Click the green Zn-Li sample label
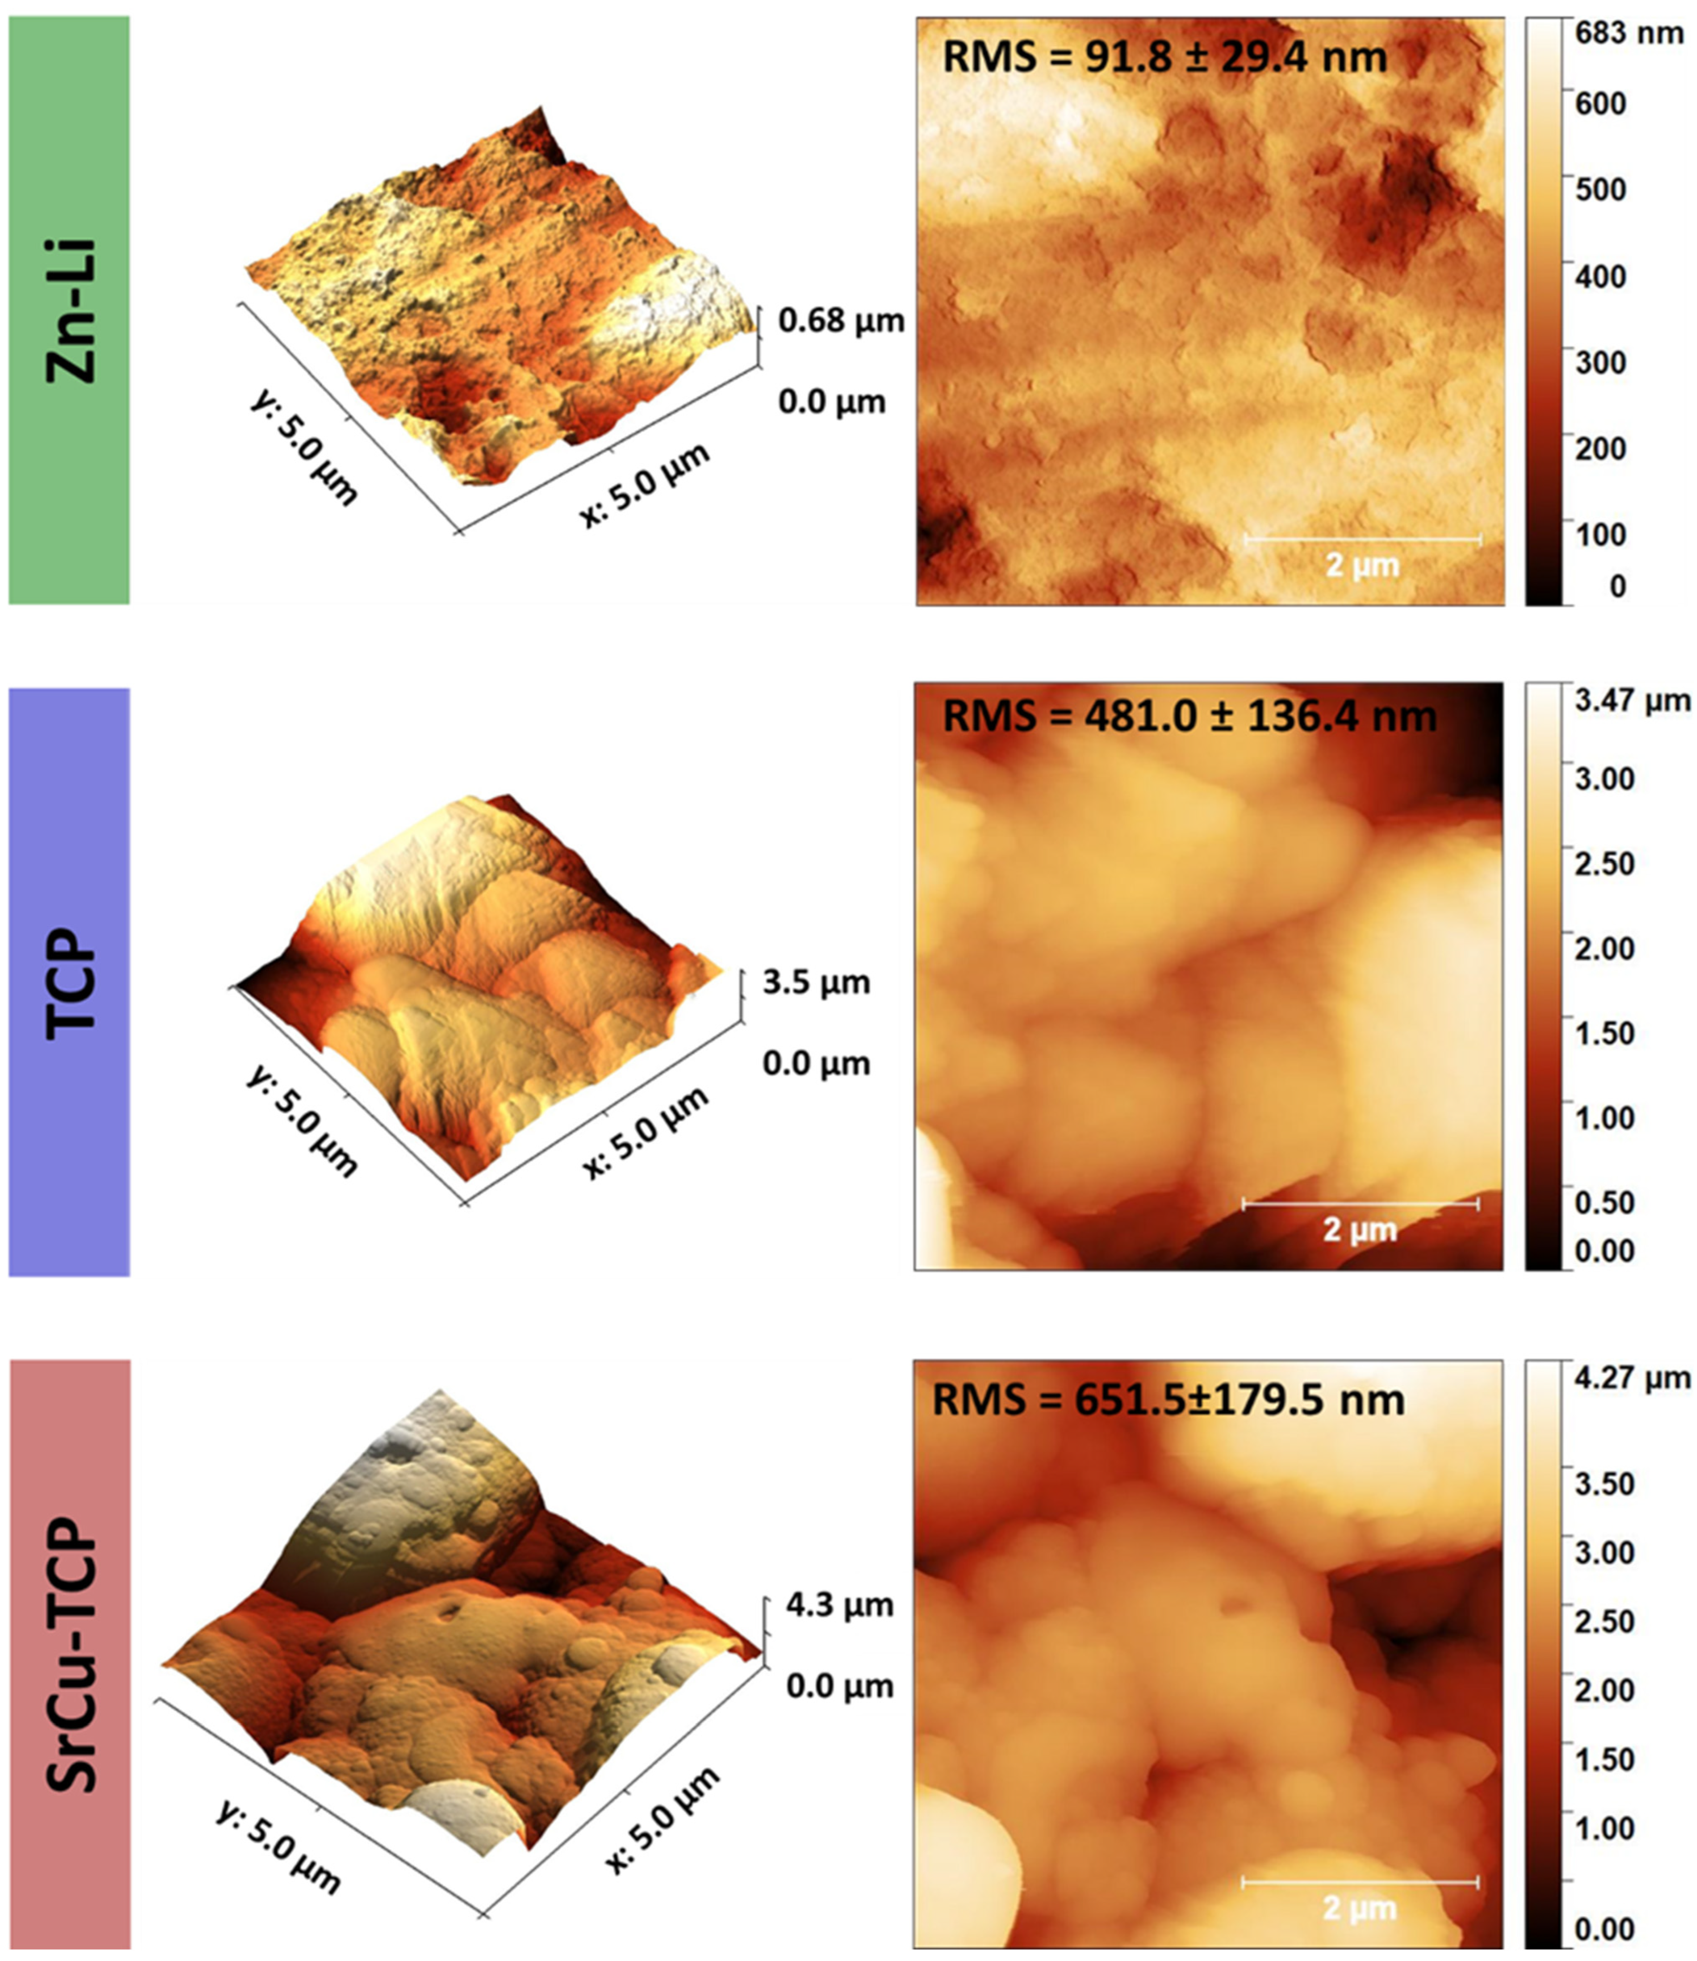[69, 310]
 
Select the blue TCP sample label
[69, 982]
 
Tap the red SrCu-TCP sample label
[69, 1652]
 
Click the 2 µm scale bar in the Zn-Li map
[1362, 540]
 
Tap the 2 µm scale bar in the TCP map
[1360, 1204]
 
